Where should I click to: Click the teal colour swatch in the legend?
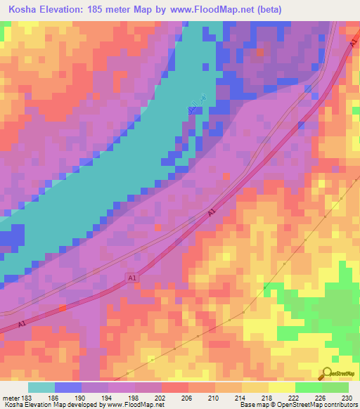(41, 387)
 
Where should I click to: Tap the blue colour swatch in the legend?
(68, 387)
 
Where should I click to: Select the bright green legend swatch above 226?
(309, 387)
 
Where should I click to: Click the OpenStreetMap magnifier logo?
(326, 375)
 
